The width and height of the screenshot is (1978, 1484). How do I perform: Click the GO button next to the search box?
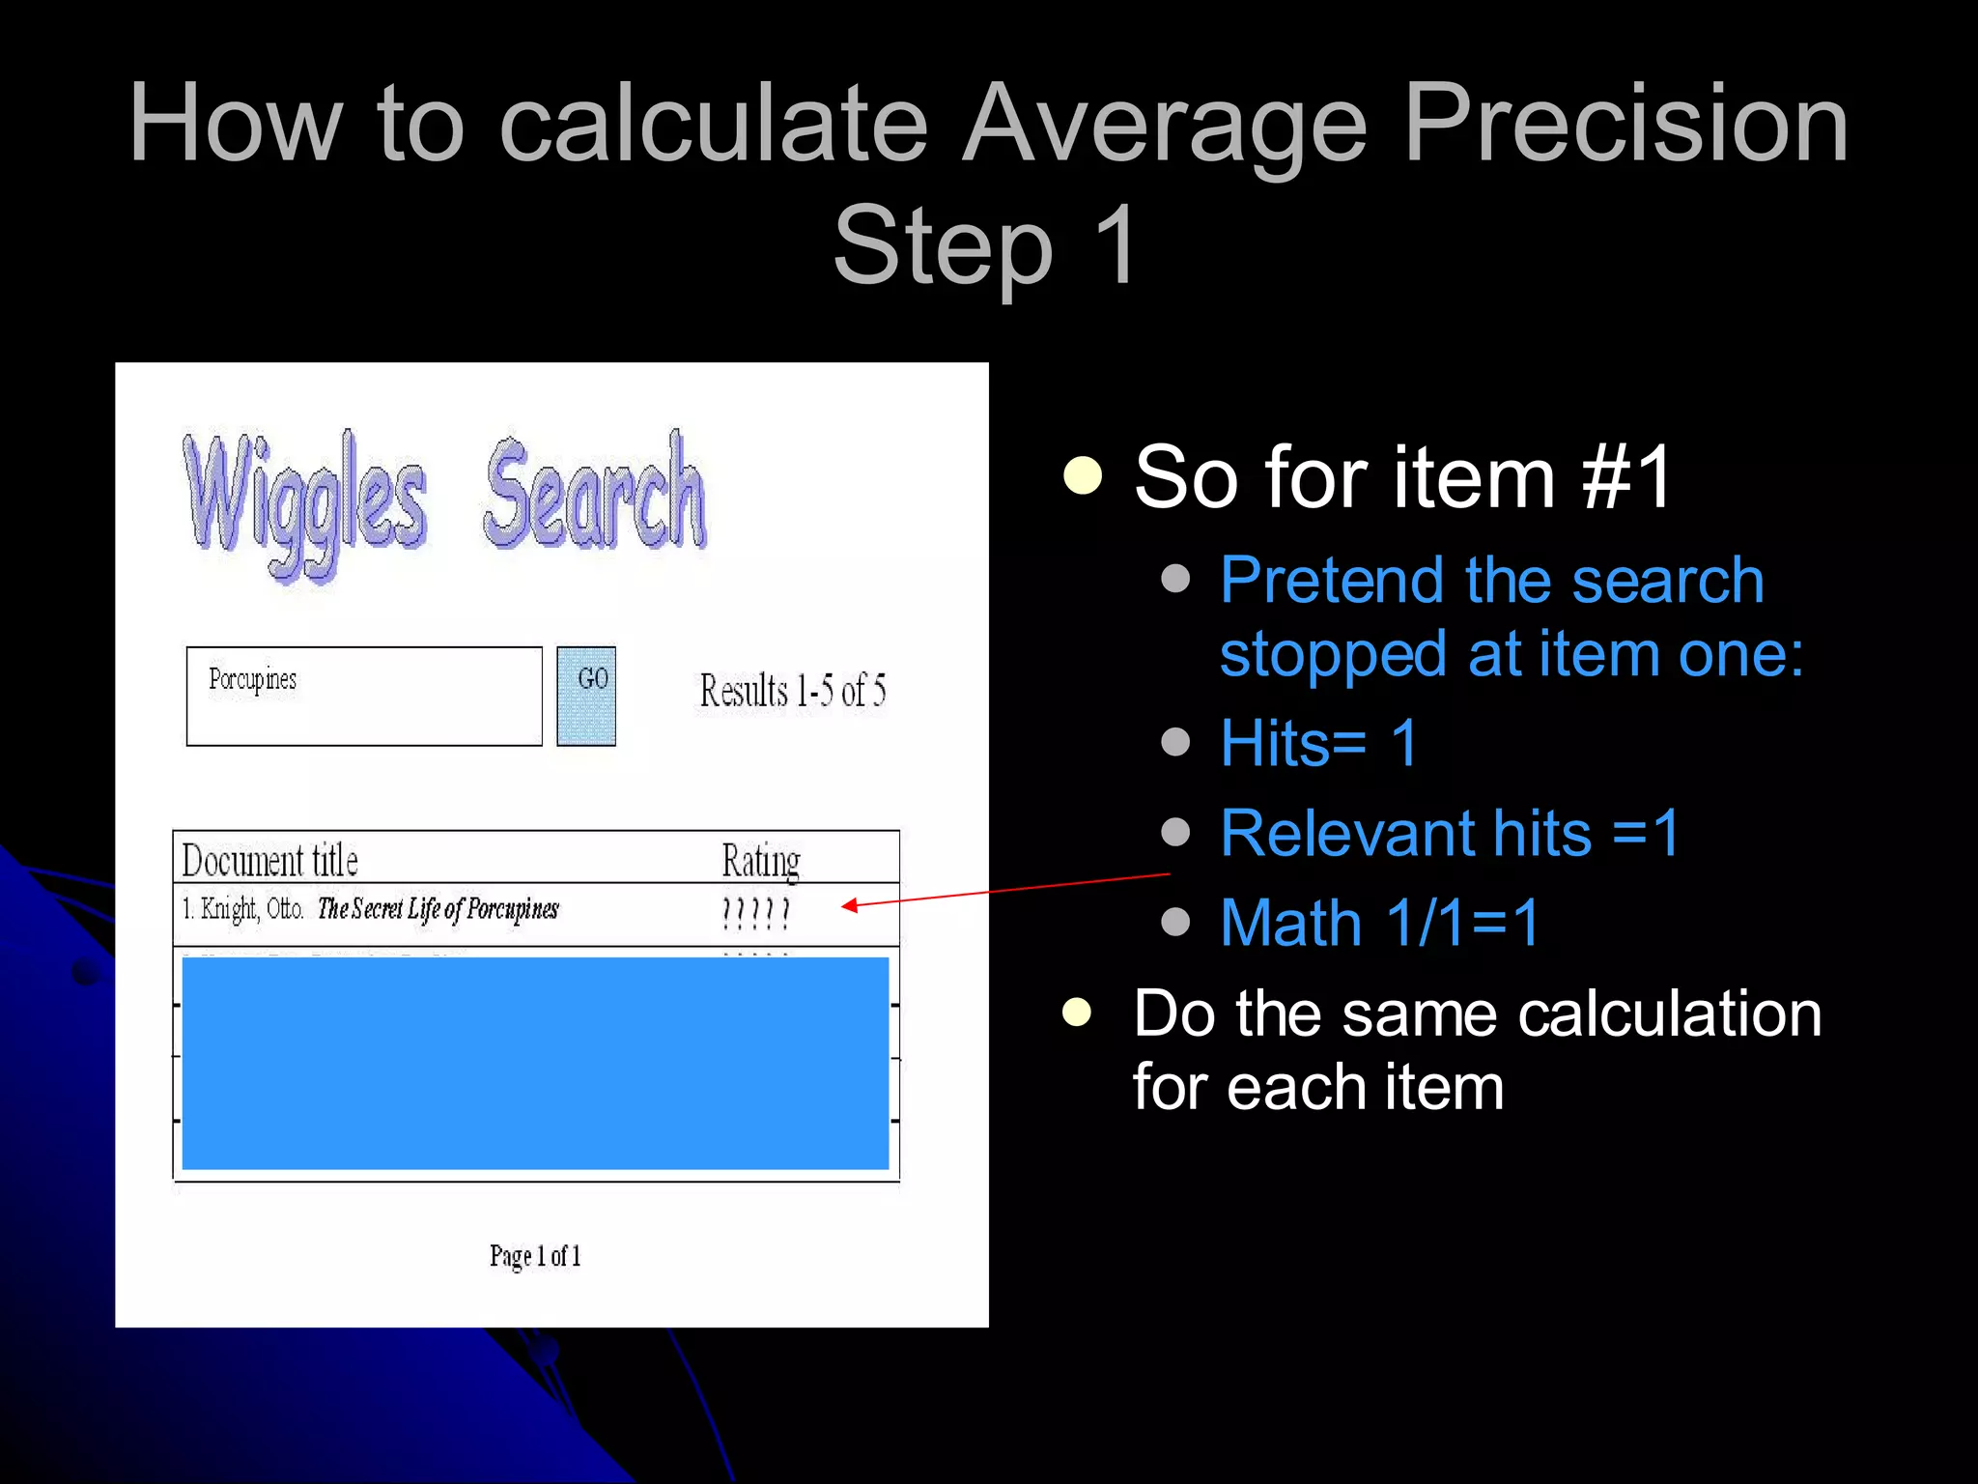(586, 696)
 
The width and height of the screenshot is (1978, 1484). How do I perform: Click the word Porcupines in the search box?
(253, 680)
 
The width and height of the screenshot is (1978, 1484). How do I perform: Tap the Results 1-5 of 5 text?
(793, 691)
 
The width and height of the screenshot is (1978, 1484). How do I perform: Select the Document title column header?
(270, 860)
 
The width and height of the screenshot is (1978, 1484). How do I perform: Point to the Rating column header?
(761, 860)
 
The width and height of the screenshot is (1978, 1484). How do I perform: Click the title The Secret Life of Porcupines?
(438, 909)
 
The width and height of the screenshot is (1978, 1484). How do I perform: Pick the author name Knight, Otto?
(251, 909)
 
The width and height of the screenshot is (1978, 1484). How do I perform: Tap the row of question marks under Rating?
(756, 912)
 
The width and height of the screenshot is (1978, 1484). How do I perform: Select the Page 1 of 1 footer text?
(535, 1255)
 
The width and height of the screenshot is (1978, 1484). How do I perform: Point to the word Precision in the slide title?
(1625, 124)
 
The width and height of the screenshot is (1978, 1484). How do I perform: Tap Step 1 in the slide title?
(986, 245)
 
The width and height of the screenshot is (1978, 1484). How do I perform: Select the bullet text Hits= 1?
(1318, 743)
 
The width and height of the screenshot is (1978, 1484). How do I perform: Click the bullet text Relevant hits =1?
(1449, 833)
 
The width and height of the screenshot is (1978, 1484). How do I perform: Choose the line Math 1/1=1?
(1379, 923)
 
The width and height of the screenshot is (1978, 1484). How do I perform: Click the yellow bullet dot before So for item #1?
(1083, 474)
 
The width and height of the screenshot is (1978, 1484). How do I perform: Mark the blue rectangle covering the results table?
(535, 1063)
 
